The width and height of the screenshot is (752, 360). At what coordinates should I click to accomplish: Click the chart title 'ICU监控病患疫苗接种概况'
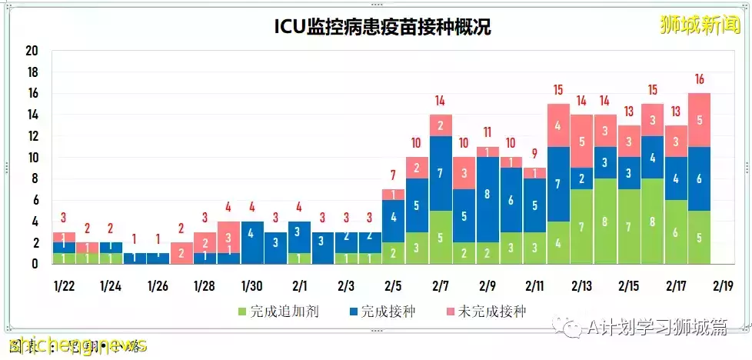pyautogui.click(x=382, y=27)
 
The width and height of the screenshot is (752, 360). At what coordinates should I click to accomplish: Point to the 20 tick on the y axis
pyautogui.click(x=32, y=52)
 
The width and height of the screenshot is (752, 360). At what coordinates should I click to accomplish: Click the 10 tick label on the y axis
pyautogui.click(x=32, y=158)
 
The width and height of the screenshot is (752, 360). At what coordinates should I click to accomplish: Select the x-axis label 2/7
pyautogui.click(x=441, y=286)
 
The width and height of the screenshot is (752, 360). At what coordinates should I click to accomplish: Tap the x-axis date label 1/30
pyautogui.click(x=252, y=286)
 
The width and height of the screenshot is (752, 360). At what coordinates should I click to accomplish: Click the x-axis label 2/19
pyautogui.click(x=723, y=286)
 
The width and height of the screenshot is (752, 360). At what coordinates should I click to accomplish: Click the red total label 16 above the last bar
pyautogui.click(x=699, y=79)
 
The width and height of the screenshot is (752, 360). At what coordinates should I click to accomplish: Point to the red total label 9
pyautogui.click(x=534, y=154)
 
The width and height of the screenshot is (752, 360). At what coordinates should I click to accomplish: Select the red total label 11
pyautogui.click(x=487, y=132)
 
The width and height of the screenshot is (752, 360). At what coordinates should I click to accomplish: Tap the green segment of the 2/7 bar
pyautogui.click(x=441, y=238)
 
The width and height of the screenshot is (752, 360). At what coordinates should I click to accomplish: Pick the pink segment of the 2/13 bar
pyautogui.click(x=581, y=141)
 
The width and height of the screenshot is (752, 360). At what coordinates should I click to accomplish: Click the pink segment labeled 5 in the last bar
pyautogui.click(x=699, y=120)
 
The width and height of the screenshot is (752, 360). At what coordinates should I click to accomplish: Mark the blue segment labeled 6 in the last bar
pyautogui.click(x=699, y=178)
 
